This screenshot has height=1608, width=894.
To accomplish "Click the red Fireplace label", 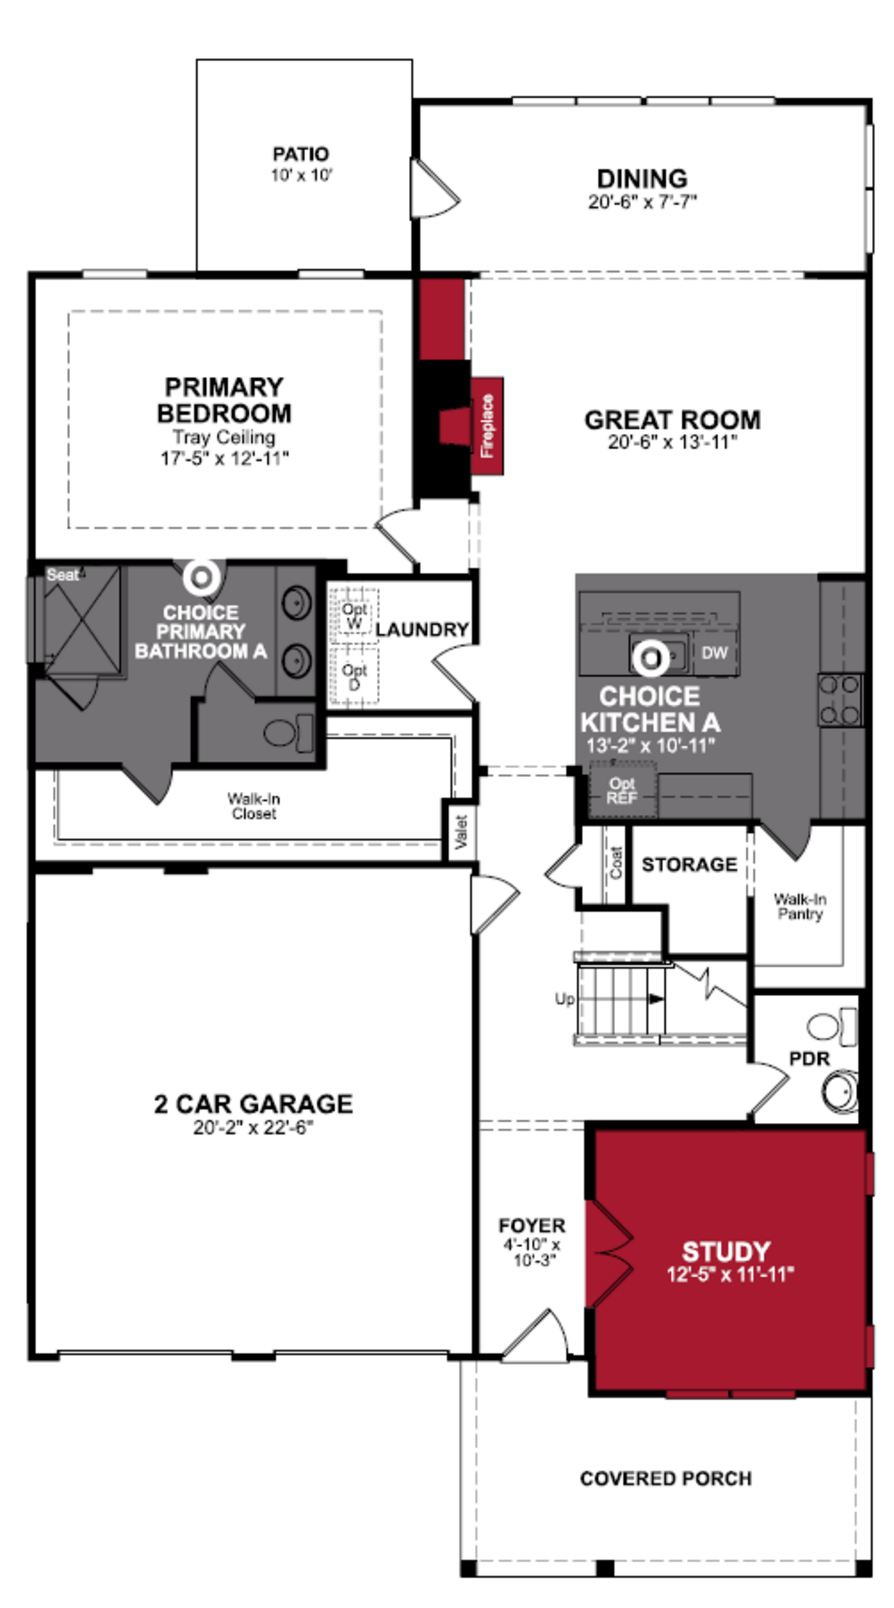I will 487,426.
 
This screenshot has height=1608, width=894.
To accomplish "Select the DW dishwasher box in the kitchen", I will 714,653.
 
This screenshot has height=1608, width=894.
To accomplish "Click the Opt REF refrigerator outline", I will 622,790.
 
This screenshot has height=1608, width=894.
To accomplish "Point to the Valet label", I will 461,831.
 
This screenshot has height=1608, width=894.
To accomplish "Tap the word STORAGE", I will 689,865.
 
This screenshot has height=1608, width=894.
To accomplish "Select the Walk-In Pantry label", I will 800,906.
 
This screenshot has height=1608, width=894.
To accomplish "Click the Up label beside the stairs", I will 564,999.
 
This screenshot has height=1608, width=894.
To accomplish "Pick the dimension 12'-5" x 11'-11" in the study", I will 730,1274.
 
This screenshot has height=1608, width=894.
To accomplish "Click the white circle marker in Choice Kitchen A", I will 650,659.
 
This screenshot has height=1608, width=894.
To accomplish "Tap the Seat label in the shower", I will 62,575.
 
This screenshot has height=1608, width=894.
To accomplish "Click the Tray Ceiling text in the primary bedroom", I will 223,437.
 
